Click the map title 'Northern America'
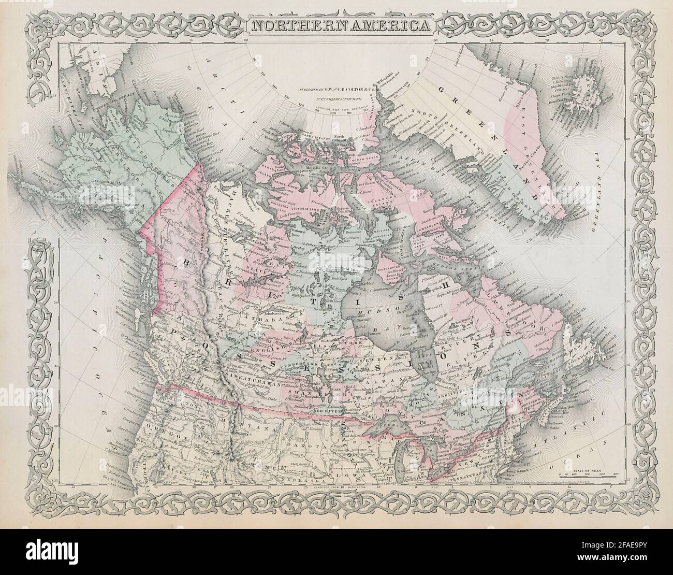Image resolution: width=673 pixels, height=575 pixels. point(337,24)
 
